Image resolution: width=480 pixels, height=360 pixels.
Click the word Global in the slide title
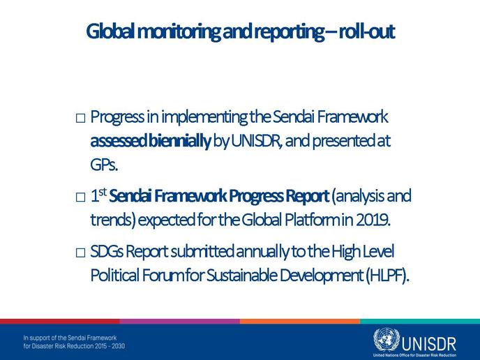pyautogui.click(x=110, y=31)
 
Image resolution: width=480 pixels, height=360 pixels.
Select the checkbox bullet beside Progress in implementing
pyautogui.click(x=80, y=118)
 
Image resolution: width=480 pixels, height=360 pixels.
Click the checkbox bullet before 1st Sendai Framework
pyautogui.click(x=80, y=197)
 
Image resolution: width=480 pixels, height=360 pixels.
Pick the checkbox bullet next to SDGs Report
pyautogui.click(x=80, y=253)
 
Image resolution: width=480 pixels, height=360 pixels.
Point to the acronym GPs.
pyautogui.click(x=104, y=165)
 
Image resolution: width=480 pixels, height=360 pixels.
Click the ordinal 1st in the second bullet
pyautogui.click(x=98, y=195)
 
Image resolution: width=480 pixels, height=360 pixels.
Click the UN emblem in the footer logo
pyautogui.click(x=387, y=340)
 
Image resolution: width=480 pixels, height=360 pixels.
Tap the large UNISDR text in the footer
pyautogui.click(x=428, y=344)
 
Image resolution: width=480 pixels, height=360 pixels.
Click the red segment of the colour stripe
pyautogui.click(x=60, y=322)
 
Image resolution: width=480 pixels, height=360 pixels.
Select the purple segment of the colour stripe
pyautogui.click(x=180, y=322)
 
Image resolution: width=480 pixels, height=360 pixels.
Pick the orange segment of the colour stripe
pyautogui.click(x=300, y=322)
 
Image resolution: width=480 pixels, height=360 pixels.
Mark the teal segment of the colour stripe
pyautogui.click(x=420, y=322)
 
